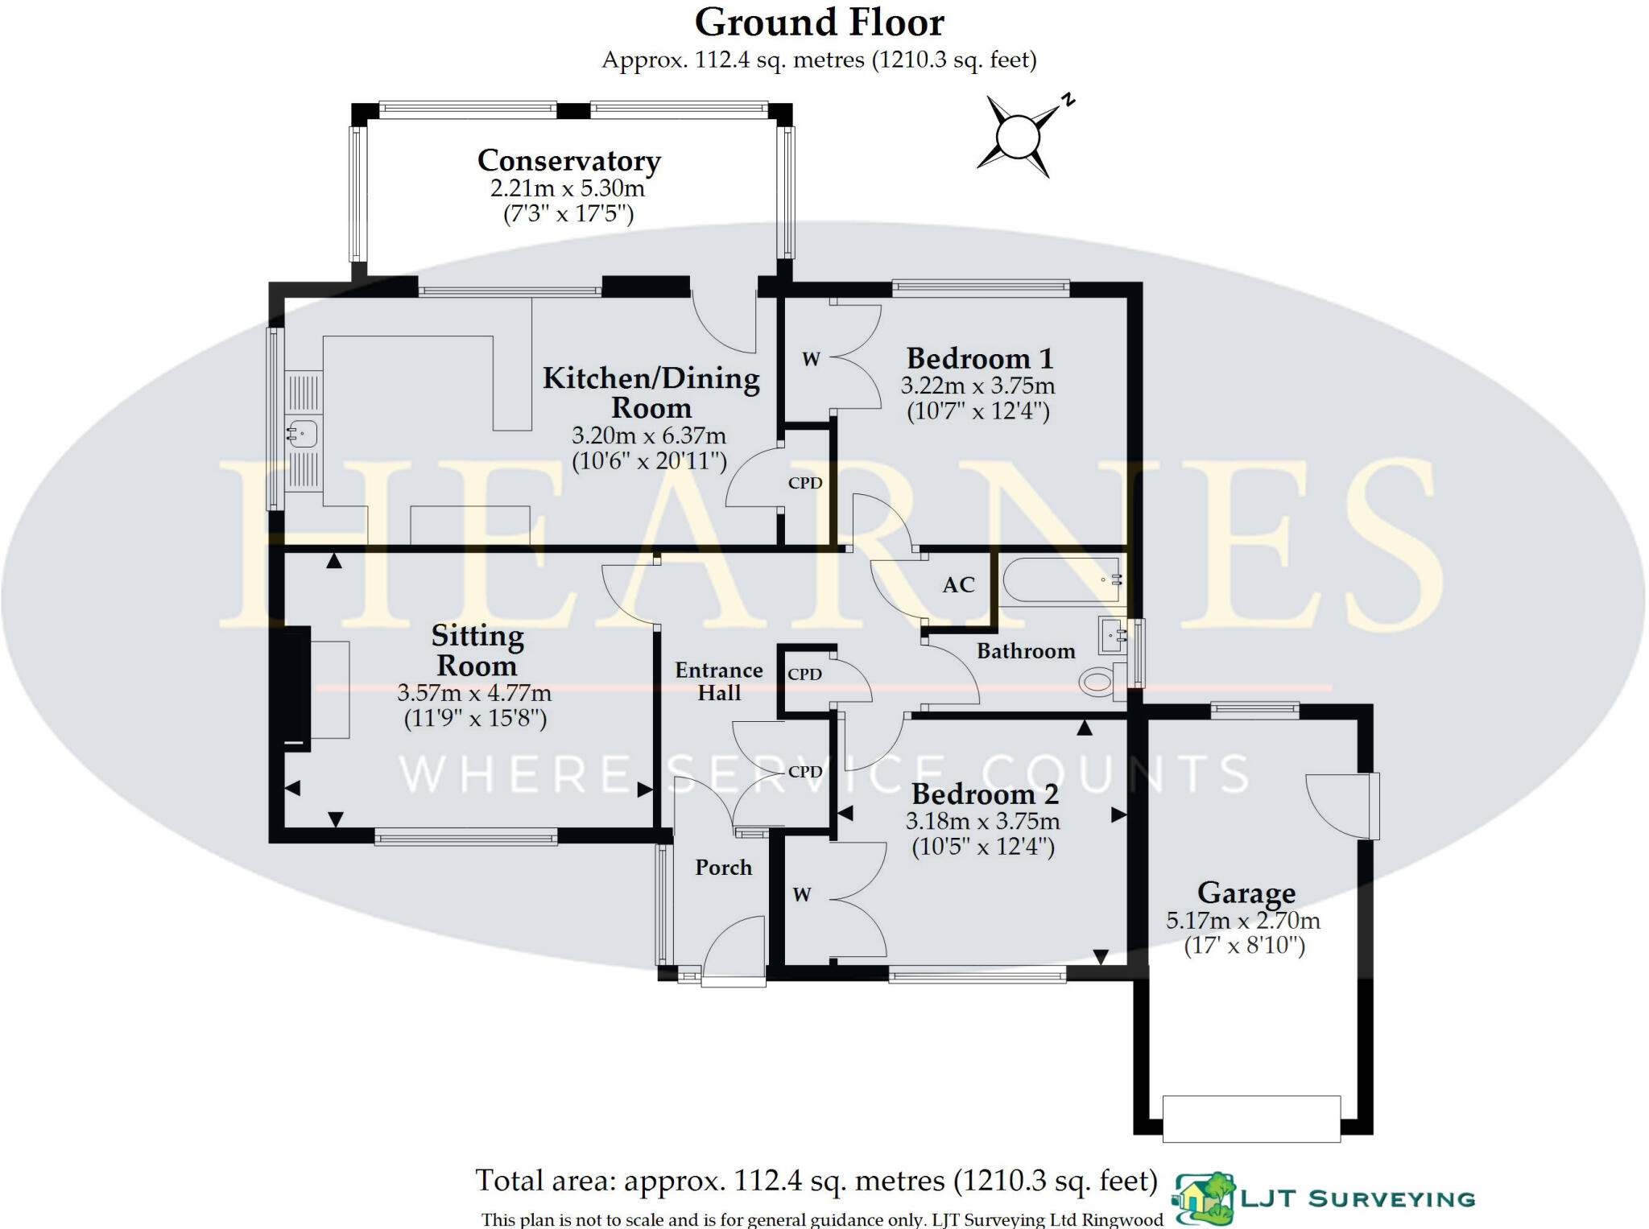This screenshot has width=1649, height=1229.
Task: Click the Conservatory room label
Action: pyautogui.click(x=568, y=160)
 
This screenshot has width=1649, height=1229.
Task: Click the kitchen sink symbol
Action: pyautogui.click(x=303, y=434)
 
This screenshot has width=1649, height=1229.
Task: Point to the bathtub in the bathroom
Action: pyautogui.click(x=1060, y=579)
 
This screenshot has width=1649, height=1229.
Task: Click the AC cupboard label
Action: pyautogui.click(x=958, y=585)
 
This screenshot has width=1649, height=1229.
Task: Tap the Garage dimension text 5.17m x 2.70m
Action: pyautogui.click(x=1242, y=920)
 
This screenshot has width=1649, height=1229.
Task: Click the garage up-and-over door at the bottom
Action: pyautogui.click(x=1251, y=1118)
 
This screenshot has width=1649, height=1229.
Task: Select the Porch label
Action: pyautogui.click(x=723, y=868)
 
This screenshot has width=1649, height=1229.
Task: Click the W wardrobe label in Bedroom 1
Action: pyautogui.click(x=811, y=360)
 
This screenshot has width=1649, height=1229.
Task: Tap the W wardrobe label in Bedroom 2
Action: pyautogui.click(x=801, y=895)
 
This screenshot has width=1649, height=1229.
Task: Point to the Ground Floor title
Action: pyautogui.click(x=819, y=23)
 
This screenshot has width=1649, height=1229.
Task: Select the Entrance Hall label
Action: pyautogui.click(x=718, y=681)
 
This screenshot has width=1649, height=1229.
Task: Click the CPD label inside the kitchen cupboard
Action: pyautogui.click(x=804, y=483)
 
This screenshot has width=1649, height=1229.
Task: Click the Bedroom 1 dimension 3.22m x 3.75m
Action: pyautogui.click(x=977, y=386)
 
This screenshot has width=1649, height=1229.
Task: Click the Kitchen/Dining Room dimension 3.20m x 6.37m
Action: pyautogui.click(x=649, y=435)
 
